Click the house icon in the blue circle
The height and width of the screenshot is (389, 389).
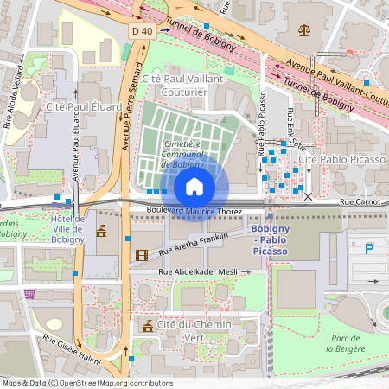coord(194,186)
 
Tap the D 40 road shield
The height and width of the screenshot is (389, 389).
coord(143,29)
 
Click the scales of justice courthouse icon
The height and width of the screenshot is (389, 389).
coord(303,29)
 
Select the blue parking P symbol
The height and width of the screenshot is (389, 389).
coord(370,249)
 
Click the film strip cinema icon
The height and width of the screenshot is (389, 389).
coord(142,254)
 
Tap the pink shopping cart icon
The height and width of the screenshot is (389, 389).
coord(30,294)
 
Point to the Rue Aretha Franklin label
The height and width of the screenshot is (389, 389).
coord(194,243)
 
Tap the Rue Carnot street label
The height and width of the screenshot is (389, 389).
coord(359,201)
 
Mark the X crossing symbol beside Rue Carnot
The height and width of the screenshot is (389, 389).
coord(309,197)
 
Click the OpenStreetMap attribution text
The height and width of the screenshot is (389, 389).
coord(86,383)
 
